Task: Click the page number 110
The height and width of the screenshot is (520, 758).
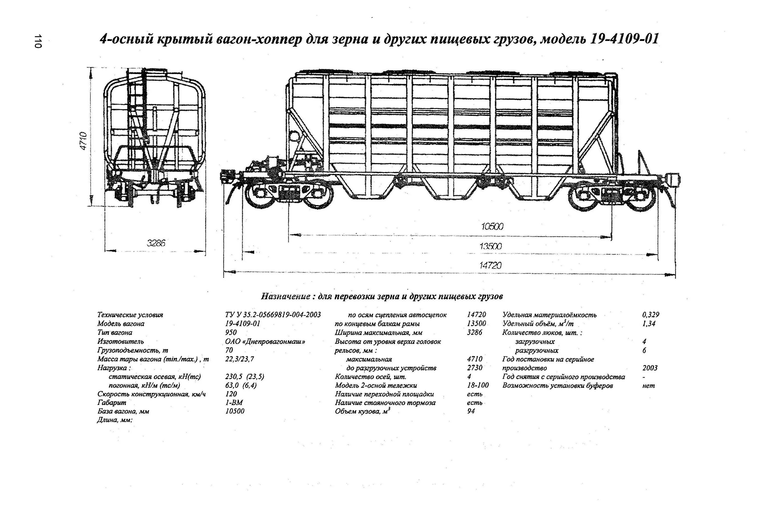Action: pos(38,41)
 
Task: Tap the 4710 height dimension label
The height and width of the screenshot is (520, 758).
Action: pos(83,141)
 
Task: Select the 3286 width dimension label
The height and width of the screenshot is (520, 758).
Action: pos(156,243)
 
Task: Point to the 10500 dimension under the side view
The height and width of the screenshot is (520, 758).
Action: pos(492,226)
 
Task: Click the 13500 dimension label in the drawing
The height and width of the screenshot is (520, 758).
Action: pos(490,246)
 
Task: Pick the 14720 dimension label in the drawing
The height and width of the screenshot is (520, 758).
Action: pos(490,265)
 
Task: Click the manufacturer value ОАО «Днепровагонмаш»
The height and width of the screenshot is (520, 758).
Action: pos(265,341)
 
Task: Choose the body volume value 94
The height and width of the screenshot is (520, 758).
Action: pos(471,411)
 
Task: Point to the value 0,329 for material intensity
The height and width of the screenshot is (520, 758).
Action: pos(651,315)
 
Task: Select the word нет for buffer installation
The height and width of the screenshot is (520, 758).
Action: pos(648,385)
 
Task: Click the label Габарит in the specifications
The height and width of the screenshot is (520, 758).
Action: pos(111,403)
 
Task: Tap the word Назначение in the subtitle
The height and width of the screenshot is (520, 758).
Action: pos(286,296)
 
